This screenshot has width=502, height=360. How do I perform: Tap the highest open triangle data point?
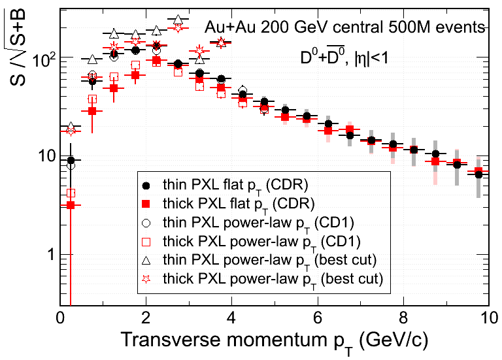point(178,21)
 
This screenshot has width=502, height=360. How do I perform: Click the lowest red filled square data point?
point(71,205)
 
